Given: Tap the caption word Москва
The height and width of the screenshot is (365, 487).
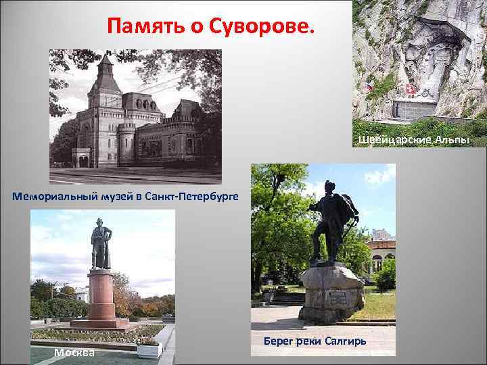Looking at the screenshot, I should tap(74, 353).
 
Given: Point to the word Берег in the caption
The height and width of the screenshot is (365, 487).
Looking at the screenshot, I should tap(280, 341).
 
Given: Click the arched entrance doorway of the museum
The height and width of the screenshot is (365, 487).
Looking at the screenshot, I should tap(83, 161).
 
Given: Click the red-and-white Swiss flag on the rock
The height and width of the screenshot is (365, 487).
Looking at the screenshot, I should tap(410, 89).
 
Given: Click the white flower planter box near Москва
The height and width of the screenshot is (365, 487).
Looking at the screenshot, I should tap(149, 349).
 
